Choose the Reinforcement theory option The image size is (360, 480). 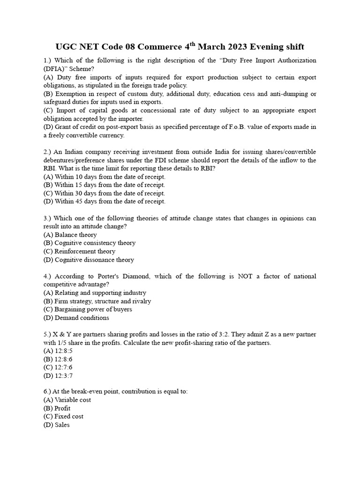[x=79, y=251]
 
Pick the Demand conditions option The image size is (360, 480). [x=76, y=318]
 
